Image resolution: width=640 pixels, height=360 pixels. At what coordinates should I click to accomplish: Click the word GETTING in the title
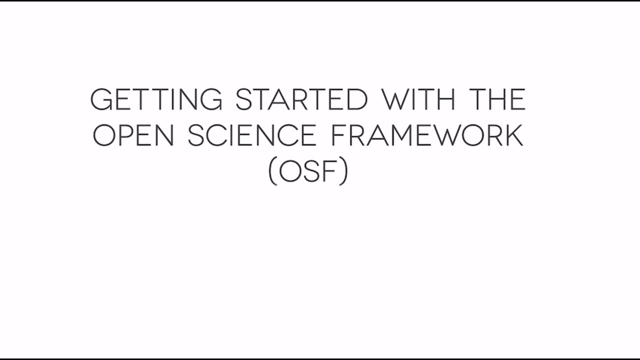(x=156, y=99)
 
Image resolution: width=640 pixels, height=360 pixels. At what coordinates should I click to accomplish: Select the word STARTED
(x=301, y=99)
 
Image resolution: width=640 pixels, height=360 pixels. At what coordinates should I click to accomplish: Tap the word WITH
(x=419, y=99)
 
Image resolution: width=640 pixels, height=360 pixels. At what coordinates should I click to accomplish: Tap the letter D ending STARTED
(x=357, y=99)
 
